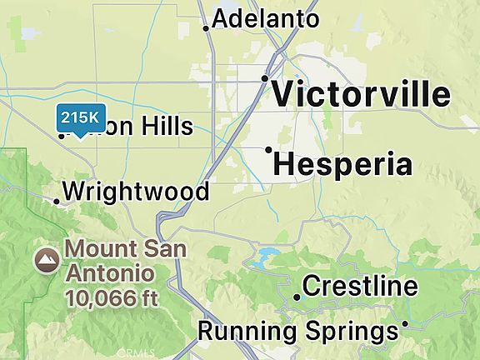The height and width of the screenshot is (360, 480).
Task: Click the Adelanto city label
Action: coord(266,19)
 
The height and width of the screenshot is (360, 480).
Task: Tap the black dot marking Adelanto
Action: coord(206,28)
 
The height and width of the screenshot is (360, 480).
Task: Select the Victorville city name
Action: coord(362,94)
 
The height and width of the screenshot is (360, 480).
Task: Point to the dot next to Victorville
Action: coord(264,78)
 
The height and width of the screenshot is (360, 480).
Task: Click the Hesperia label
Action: coord(342,164)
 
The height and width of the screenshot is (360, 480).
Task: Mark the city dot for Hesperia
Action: coord(268,150)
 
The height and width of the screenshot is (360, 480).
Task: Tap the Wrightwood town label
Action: coord(136,192)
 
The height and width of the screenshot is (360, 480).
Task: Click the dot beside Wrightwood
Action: coord(57,201)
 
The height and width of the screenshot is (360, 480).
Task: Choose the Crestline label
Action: coord(360,287)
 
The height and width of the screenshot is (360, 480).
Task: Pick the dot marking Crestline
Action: coord(297,297)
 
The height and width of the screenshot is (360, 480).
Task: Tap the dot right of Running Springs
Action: coord(405,323)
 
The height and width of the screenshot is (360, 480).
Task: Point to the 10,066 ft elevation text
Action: coord(112,295)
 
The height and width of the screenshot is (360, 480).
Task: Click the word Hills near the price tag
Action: coord(166,127)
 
